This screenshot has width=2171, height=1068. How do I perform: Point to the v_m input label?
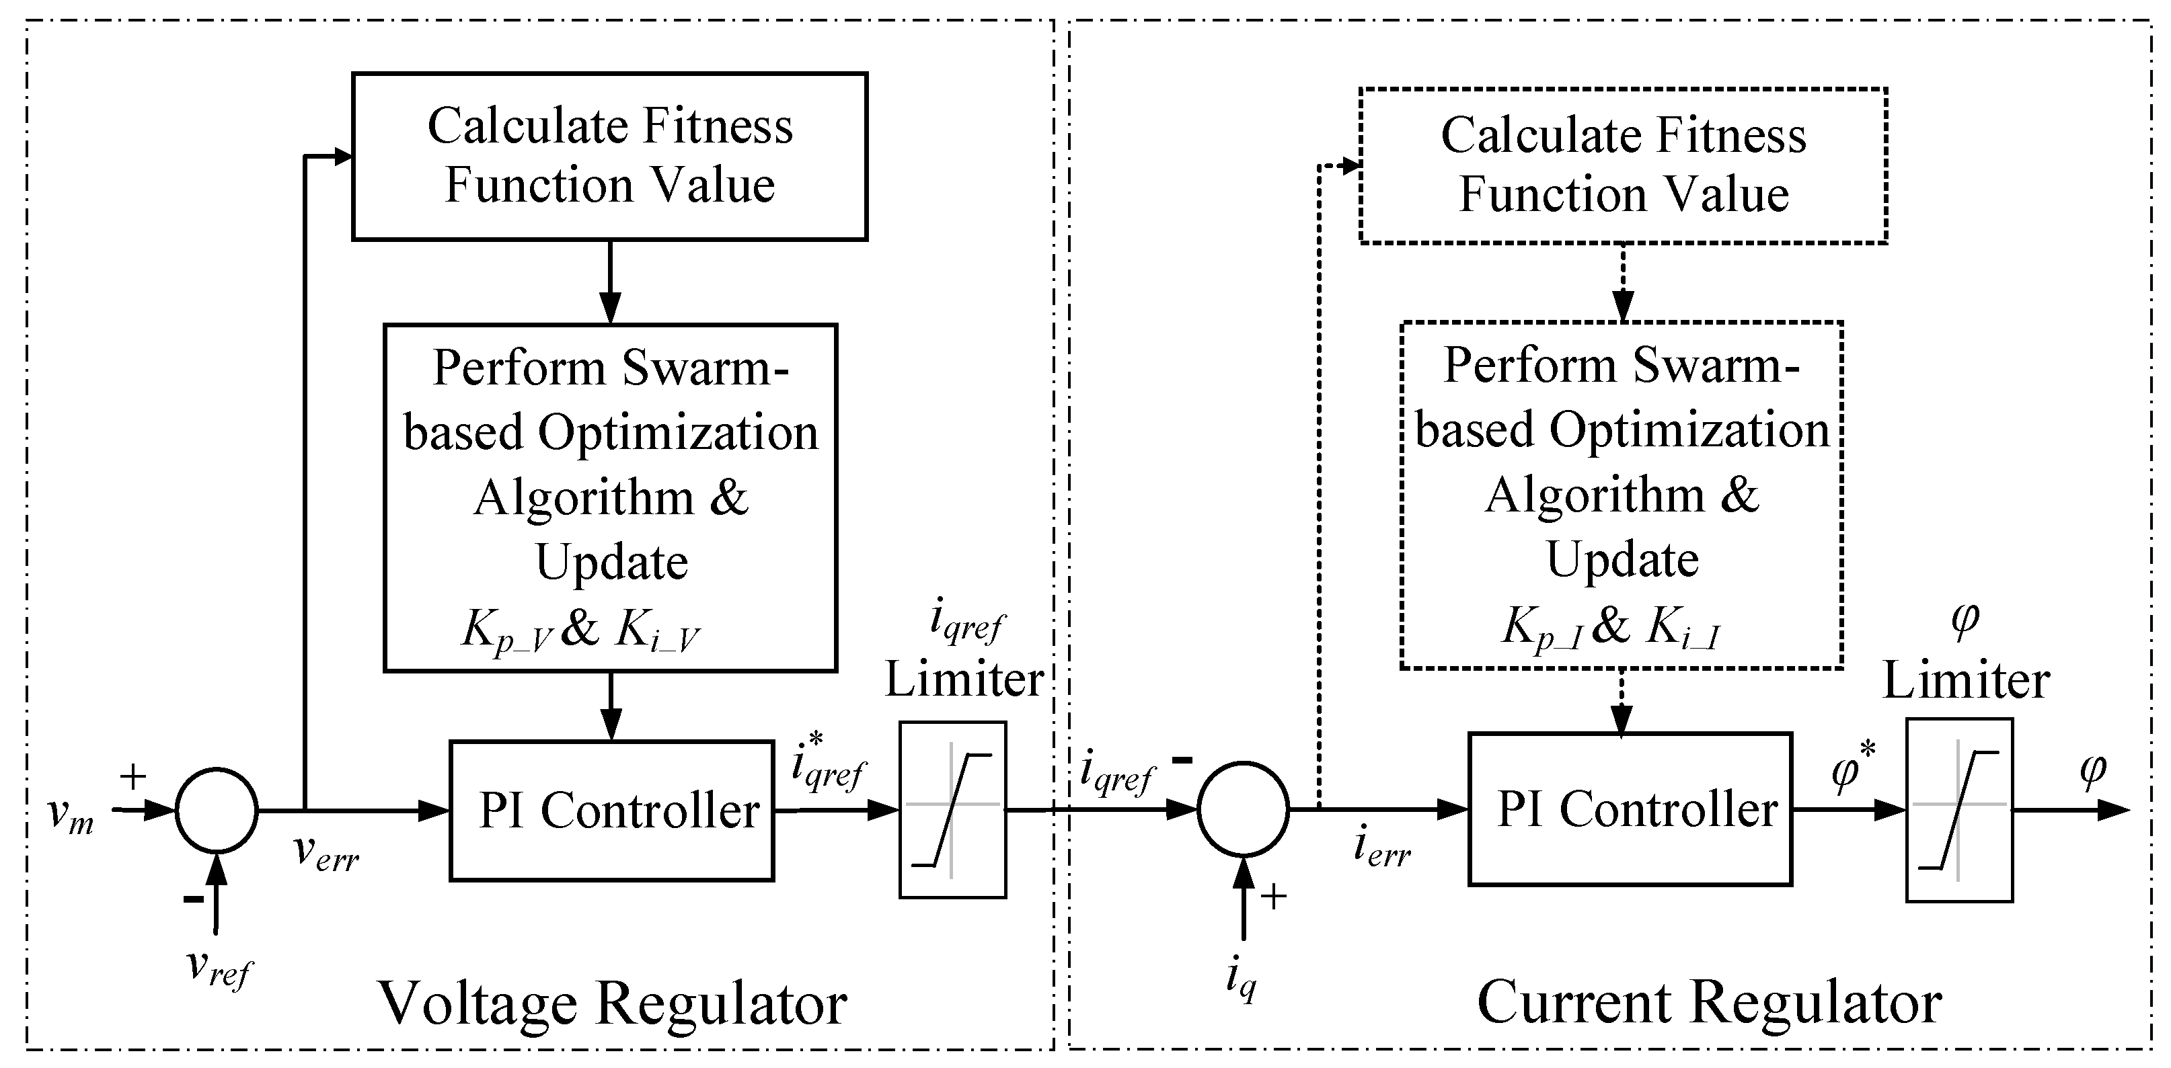point(71,815)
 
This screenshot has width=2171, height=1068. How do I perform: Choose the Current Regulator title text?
point(1710,1002)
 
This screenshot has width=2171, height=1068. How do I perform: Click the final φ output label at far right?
point(2094,772)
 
